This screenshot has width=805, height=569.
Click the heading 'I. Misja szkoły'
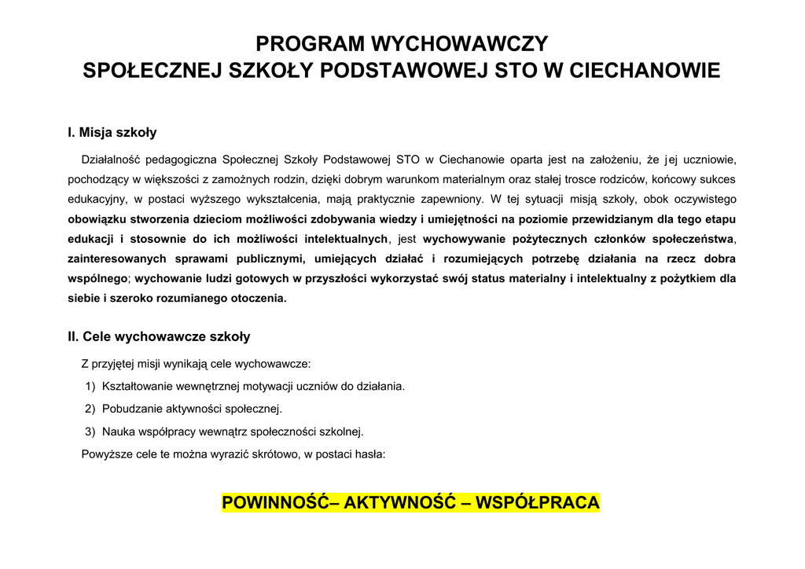click(112, 133)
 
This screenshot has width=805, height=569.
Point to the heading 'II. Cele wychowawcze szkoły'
click(159, 337)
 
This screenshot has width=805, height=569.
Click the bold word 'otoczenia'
click(258, 299)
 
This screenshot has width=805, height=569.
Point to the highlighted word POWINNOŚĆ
click(275, 503)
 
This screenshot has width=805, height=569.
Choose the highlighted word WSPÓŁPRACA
click(539, 503)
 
